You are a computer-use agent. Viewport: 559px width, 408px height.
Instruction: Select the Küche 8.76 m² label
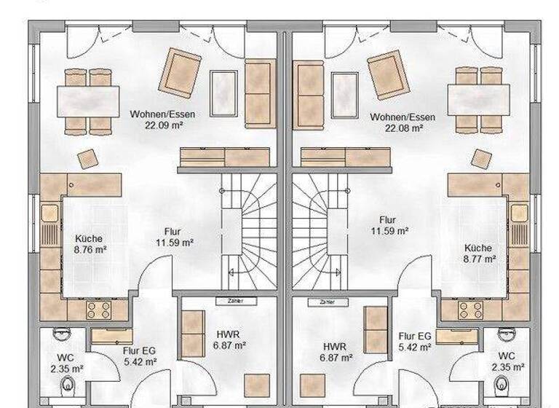coord(91,249)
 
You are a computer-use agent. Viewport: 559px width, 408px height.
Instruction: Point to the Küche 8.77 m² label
coord(478,258)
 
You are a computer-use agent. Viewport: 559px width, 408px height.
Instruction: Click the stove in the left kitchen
coord(98,310)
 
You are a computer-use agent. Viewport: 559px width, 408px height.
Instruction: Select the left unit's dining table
coord(89,100)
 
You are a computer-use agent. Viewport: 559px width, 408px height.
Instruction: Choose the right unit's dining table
coord(479,100)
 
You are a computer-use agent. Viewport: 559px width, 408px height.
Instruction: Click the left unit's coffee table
coord(223,93)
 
